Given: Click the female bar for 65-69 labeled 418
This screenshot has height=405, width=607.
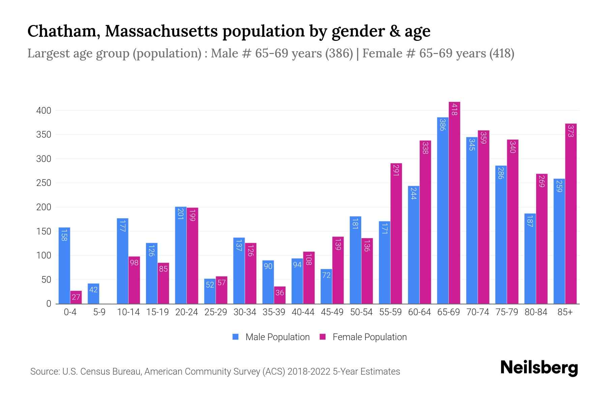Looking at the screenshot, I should [454, 202].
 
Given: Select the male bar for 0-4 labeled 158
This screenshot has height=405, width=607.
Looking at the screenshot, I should [64, 266].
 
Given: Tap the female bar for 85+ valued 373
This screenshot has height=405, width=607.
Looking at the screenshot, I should [571, 214].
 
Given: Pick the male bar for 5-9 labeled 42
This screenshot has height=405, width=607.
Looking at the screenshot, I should [93, 294].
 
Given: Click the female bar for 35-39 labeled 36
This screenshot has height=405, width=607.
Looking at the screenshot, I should [280, 295].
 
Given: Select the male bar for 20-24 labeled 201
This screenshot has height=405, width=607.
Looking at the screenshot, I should [181, 255].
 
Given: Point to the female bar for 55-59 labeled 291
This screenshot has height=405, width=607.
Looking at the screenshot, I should [396, 234].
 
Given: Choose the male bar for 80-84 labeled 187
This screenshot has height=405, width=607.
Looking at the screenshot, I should [530, 259].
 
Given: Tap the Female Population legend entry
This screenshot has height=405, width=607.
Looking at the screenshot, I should [363, 337].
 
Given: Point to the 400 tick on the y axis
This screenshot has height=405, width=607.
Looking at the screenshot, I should [44, 111].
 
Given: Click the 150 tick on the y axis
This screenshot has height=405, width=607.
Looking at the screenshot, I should [44, 232].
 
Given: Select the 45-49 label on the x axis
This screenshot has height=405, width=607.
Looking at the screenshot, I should [332, 312].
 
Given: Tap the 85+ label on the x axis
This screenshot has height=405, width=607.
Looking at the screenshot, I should [565, 312].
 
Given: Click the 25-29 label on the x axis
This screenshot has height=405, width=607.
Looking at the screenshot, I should [215, 312].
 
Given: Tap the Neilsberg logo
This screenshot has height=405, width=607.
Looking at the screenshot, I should [539, 368].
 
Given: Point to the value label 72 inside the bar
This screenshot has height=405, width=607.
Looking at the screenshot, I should [326, 275].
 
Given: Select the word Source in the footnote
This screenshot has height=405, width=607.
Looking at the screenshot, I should [44, 372].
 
